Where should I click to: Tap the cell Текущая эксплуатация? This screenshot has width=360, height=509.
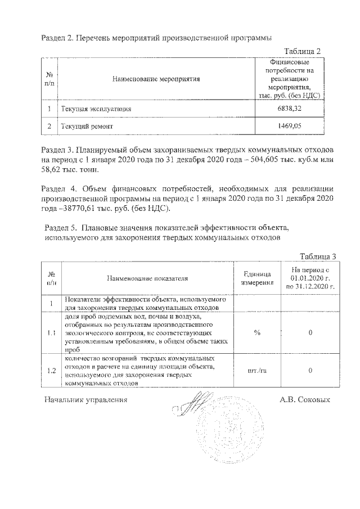(x=92, y=107)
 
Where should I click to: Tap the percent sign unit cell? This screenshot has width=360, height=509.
(x=257, y=332)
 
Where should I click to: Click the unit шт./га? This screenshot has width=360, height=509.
(x=257, y=371)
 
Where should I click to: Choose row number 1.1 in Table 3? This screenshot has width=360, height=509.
(x=51, y=332)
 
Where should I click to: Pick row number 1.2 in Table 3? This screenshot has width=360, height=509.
(x=51, y=371)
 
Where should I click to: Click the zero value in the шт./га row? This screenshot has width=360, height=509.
(x=310, y=371)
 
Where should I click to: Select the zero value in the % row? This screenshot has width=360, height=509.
(x=310, y=332)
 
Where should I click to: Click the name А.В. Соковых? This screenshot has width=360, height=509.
(x=304, y=400)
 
